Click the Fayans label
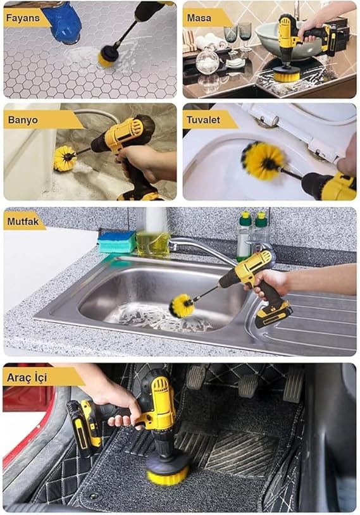(23, 18)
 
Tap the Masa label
(199, 18)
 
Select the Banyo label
(23, 120)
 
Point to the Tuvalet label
(203, 120)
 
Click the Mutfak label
(23, 221)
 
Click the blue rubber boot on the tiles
(63, 22)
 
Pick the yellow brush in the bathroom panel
(65, 159)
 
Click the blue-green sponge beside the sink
(117, 242)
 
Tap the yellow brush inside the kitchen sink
(182, 306)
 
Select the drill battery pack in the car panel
(84, 428)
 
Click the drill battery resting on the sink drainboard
(273, 314)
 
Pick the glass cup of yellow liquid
(153, 243)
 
